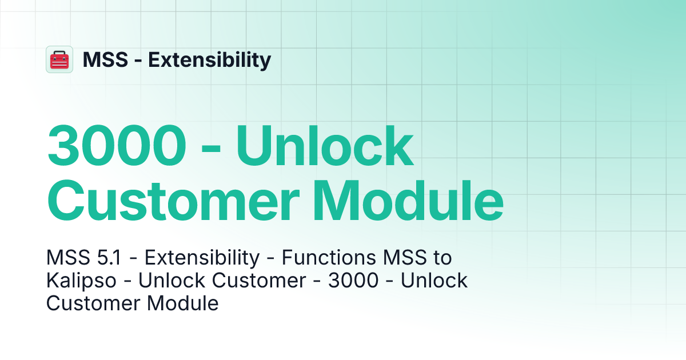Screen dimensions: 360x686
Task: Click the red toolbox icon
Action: coord(59,59)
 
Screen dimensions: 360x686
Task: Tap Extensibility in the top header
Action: coord(210,59)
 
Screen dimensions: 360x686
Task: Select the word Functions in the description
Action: coord(322,258)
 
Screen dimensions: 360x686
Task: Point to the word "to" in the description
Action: coord(440,258)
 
